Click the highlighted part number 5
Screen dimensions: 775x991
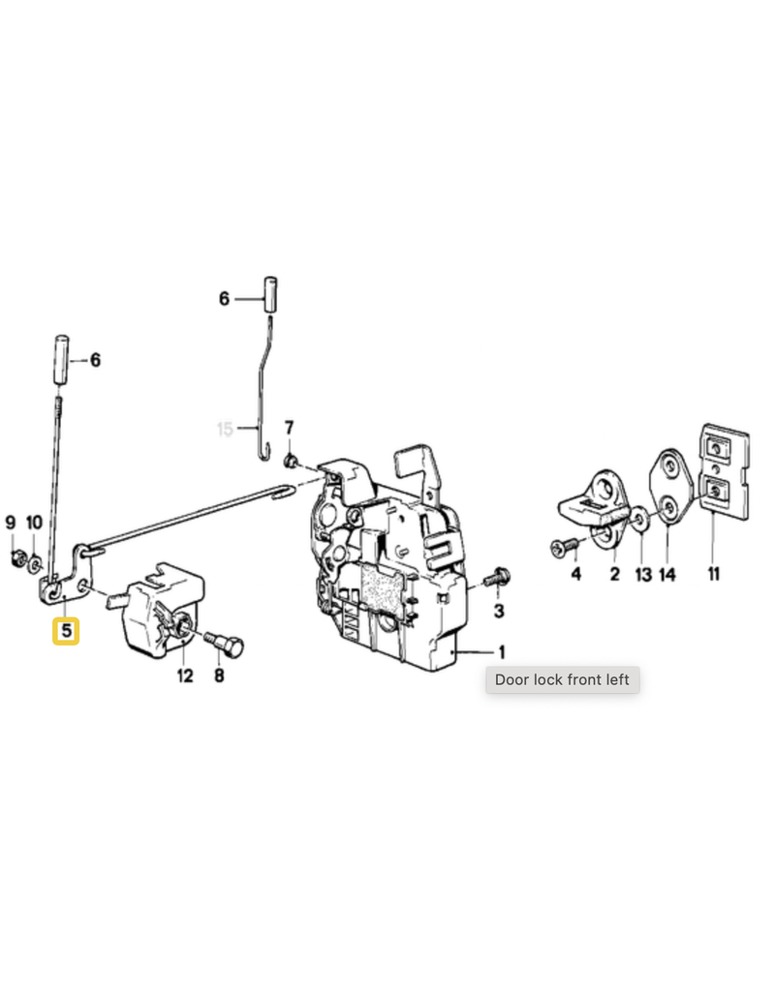pos(66,631)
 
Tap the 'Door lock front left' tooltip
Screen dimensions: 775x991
pos(563,679)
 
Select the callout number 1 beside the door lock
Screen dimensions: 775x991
pos(503,651)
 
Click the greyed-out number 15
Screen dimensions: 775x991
pos(225,430)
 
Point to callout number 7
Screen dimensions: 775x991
pos(289,428)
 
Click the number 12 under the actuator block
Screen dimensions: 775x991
pos(185,676)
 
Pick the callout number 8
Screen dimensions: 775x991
pos(219,676)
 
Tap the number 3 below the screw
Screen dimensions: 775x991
pos(499,612)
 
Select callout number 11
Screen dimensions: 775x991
pos(714,574)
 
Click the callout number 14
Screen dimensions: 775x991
pos(666,575)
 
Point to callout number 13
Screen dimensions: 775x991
pos(643,575)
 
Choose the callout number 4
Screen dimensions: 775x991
pos(575,574)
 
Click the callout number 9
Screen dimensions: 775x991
pos(11,523)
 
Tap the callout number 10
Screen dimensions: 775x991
pos(34,523)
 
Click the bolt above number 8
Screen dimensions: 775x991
pos(225,644)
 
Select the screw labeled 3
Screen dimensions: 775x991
pos(497,578)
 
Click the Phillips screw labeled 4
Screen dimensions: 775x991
pos(565,547)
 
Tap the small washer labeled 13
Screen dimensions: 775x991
pos(639,520)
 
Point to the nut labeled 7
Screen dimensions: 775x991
pos(291,461)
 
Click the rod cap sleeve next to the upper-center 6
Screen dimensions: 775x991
pos(270,294)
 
